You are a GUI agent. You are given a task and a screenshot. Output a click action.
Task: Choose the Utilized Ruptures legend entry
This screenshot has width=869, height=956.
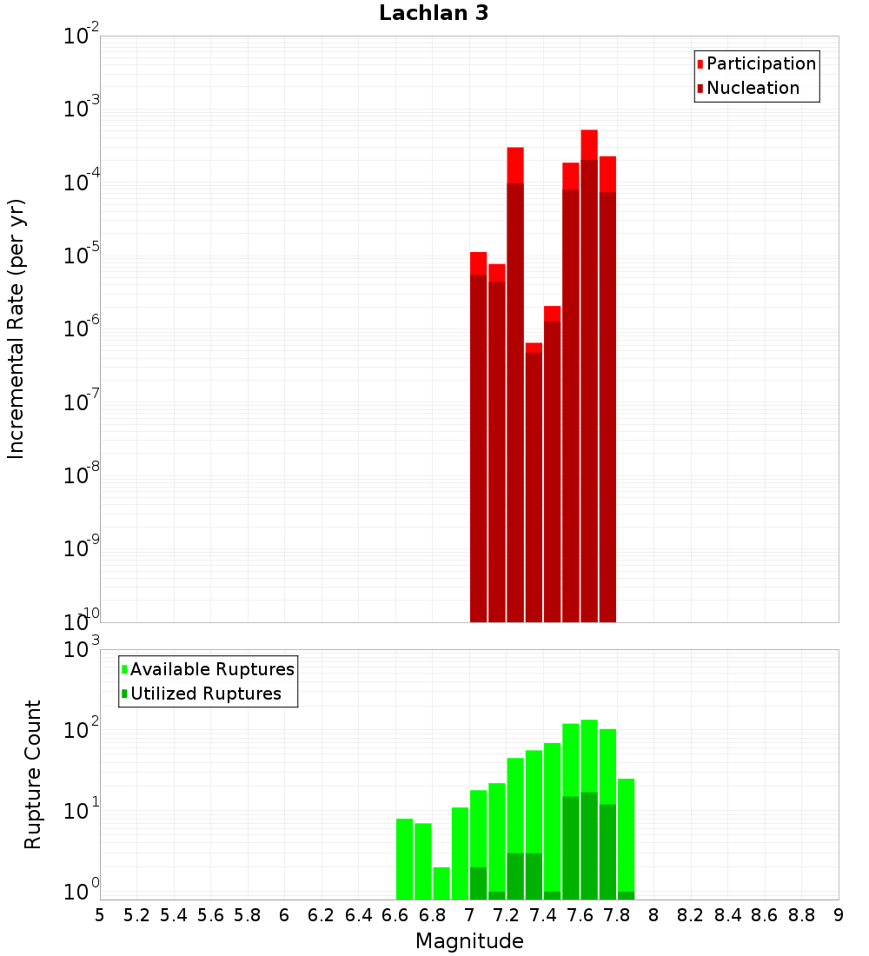click(x=205, y=694)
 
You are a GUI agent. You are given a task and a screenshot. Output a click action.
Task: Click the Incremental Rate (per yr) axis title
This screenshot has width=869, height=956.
click(x=16, y=329)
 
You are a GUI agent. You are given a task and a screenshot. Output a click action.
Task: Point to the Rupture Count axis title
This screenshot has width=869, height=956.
click(x=33, y=774)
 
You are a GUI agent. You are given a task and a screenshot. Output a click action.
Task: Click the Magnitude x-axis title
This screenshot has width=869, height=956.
click(x=469, y=940)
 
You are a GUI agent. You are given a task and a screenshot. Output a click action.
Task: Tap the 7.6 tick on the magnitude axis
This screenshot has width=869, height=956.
click(x=580, y=915)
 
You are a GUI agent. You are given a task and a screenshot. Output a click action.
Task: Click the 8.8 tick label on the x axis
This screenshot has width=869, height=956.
click(x=802, y=915)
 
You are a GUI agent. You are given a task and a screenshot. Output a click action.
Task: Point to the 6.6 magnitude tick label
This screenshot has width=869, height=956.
click(x=395, y=915)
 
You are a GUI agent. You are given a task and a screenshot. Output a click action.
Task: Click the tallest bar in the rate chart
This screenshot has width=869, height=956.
click(x=589, y=374)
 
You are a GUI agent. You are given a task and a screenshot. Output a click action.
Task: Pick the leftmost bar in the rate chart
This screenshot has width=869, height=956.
click(x=478, y=435)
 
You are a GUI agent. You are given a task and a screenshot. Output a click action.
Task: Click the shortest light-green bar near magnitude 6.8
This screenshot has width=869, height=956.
click(x=441, y=883)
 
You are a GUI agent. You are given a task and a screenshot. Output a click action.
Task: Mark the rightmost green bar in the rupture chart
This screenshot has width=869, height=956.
click(x=626, y=834)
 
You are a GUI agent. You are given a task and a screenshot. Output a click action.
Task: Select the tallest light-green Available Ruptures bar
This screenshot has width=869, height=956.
click(x=589, y=756)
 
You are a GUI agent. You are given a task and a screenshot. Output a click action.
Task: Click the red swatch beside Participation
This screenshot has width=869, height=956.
click(x=700, y=63)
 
